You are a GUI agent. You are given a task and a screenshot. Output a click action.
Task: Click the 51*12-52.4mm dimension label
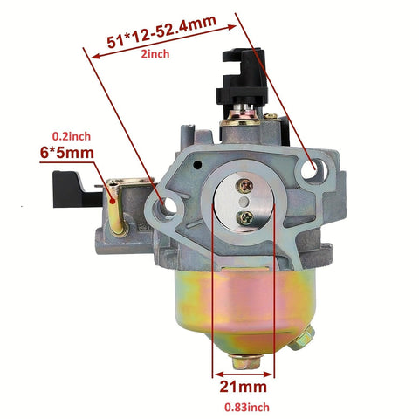[161, 31]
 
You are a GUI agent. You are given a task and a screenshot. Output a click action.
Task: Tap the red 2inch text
[155, 54]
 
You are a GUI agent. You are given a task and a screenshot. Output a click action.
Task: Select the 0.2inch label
[72, 136]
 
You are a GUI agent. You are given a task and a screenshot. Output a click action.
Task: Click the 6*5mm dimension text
[67, 153]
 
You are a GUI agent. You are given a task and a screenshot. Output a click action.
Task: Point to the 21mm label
[244, 387]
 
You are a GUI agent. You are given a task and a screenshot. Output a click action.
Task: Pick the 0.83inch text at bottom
[247, 408]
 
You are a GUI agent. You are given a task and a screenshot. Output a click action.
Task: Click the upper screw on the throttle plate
[244, 186]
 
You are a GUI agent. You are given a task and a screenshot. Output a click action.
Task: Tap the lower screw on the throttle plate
[244, 217]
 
